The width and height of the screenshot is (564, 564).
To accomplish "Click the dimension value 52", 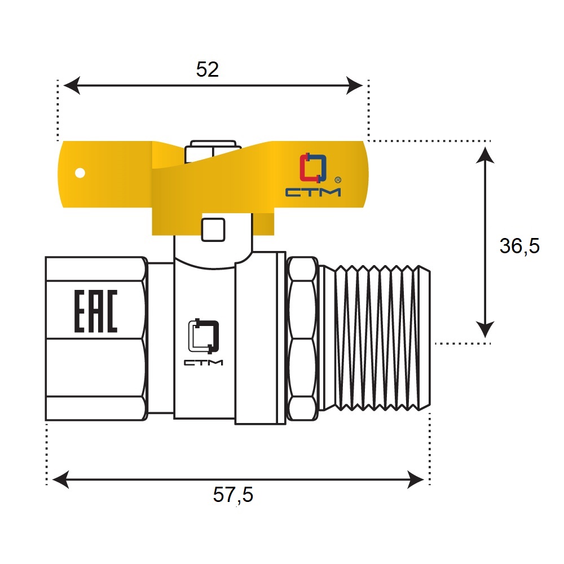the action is (207, 69).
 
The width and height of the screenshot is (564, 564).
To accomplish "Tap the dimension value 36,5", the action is (519, 246).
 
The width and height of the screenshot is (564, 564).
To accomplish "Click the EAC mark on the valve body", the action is (96, 311).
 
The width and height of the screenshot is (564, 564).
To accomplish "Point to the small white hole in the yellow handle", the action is (80, 173).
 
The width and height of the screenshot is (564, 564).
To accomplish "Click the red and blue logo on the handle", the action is (313, 168).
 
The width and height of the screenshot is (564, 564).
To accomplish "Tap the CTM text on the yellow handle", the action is (313, 192).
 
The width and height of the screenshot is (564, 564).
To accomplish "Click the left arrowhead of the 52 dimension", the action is (72, 86).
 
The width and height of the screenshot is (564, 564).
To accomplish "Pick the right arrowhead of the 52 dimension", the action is (354, 86).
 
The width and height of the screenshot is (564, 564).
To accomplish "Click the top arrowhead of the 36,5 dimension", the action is (485, 156).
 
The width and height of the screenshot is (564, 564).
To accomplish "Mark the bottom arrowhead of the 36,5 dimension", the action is (485, 329).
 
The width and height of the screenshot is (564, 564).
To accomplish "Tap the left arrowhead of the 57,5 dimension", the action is (61, 479).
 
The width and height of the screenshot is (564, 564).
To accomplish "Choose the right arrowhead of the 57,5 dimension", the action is (416, 479).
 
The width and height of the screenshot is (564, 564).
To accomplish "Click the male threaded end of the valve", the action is (375, 338).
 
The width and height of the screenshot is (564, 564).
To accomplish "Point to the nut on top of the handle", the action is (213, 151).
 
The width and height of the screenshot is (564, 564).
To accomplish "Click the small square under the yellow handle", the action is (213, 230).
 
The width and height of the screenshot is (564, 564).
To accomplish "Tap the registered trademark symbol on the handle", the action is (338, 180).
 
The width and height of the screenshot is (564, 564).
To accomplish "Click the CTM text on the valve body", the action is (204, 362).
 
